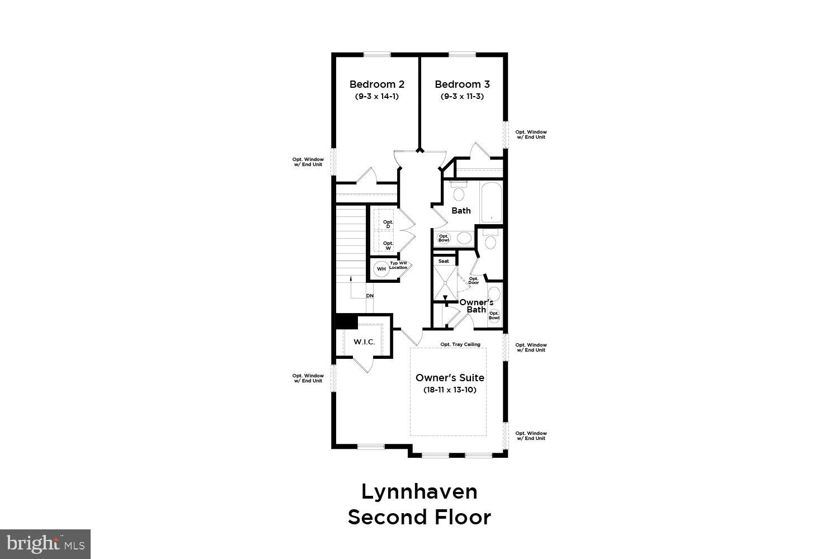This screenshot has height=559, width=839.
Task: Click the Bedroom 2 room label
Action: click(376, 84)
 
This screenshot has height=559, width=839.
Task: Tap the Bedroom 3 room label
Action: click(462, 84)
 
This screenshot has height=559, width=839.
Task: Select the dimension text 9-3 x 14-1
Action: click(376, 96)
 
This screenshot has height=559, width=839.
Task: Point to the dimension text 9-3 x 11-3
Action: click(462, 96)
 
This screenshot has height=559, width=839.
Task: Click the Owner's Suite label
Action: click(450, 378)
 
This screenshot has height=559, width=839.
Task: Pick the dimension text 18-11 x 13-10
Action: click(450, 390)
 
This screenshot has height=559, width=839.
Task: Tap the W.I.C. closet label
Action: click(364, 342)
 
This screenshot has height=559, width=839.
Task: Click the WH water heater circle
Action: click(381, 269)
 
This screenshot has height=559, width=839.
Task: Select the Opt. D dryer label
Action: click(388, 224)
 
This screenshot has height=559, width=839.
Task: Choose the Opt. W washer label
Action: click(388, 245)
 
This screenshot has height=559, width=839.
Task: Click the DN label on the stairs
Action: click(370, 296)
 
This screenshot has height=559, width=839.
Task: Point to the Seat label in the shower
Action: click(444, 261)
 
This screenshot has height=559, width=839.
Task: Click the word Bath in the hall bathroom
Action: click(461, 211)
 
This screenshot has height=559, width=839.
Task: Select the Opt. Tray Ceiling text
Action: click(460, 344)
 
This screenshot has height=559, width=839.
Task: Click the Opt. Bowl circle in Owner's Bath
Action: click(494, 316)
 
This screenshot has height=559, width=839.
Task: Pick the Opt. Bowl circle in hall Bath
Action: click(444, 238)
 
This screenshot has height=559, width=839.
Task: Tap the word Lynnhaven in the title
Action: click(419, 492)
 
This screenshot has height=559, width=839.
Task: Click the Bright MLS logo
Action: click(45, 544)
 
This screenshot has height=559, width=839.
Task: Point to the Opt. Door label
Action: click(473, 281)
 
